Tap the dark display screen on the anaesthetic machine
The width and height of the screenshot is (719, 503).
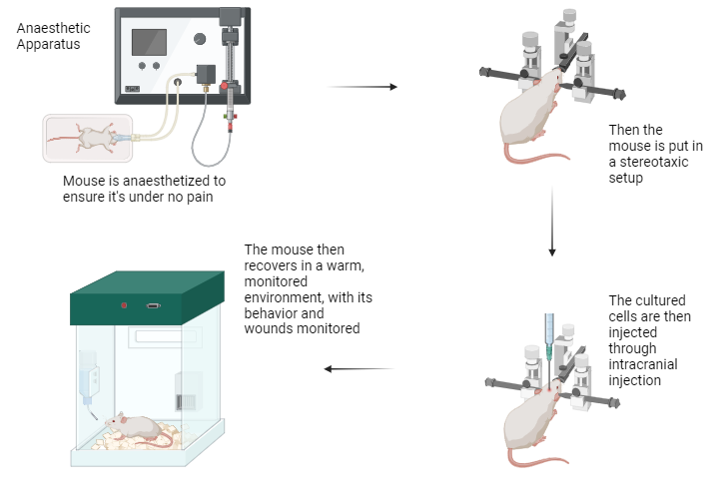point(149,42)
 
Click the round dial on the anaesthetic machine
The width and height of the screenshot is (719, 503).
point(199,39)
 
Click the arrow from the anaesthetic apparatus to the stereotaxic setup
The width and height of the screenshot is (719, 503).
point(361,87)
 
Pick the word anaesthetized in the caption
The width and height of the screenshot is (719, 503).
point(180,181)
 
